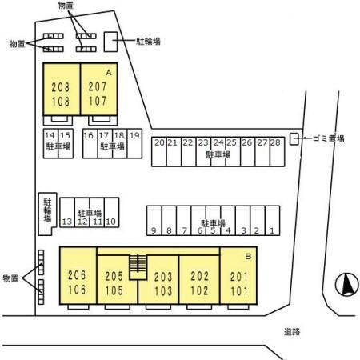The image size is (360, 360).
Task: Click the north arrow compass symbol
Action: [346, 285]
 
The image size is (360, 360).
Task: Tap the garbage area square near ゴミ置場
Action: [294, 139]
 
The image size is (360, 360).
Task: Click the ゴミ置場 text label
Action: [328, 138]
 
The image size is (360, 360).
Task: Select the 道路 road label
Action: [292, 332]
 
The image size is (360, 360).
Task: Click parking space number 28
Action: [277, 152]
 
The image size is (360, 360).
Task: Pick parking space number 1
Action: [272, 221]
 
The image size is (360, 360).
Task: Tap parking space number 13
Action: [67, 213]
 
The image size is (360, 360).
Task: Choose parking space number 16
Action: [90, 143]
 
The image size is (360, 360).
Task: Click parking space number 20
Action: [159, 152]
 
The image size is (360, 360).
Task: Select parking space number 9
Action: [154, 221]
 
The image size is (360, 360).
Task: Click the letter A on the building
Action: [109, 72]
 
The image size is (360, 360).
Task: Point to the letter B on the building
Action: [248, 256]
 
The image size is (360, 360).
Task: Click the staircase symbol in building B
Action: [138, 267]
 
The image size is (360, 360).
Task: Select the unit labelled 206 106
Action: [78, 275]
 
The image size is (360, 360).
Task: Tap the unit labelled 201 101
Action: [238, 275]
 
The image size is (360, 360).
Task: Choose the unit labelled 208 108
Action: [62, 90]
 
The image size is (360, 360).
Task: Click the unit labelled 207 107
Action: [99, 90]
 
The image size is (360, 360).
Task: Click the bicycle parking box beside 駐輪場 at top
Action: [110, 42]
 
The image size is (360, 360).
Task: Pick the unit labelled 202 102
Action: [199, 280]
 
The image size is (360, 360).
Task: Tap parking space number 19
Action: [134, 143]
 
